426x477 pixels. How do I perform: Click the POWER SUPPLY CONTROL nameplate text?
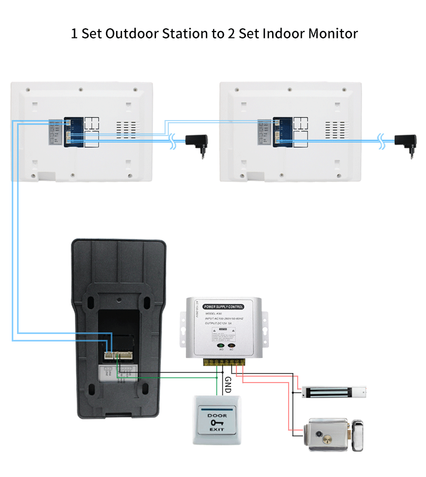click(223, 307)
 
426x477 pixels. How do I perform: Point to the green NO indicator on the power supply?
click(220, 346)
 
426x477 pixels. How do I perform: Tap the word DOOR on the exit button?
click(216, 416)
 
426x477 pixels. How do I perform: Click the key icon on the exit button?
click(216, 423)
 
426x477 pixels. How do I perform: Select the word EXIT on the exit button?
click(216, 430)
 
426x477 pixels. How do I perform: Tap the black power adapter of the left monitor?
click(197, 143)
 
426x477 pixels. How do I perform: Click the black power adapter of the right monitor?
click(405, 143)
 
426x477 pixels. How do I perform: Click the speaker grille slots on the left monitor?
click(127, 129)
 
